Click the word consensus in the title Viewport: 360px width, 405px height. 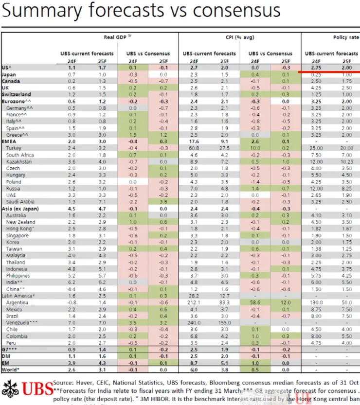[x=233, y=10]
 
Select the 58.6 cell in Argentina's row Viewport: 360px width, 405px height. [x=255, y=302]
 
